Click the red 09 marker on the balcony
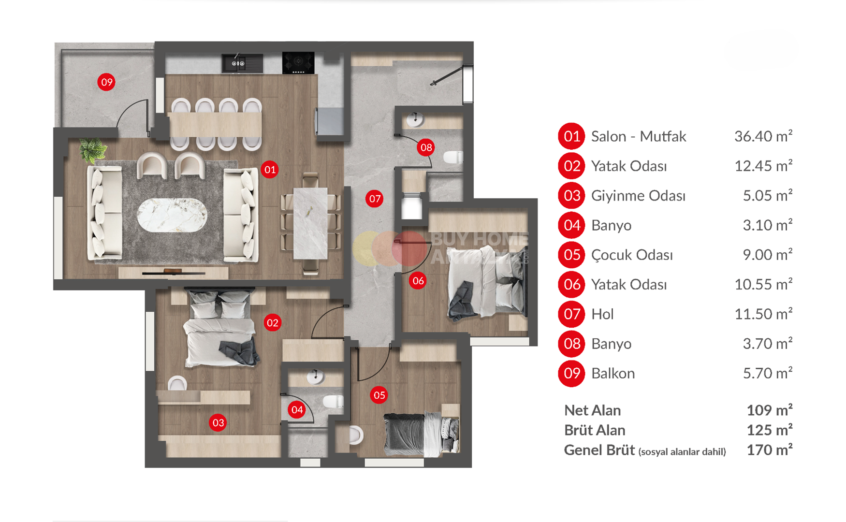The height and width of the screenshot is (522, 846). click(106, 82)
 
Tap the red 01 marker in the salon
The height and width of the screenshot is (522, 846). click(270, 170)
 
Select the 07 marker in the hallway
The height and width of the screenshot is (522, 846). click(375, 199)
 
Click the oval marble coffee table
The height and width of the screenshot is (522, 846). click(172, 215)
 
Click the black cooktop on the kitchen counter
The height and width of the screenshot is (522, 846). click(298, 63)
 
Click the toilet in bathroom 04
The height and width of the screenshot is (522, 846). click(333, 401)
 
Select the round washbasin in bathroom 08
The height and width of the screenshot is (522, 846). click(415, 119)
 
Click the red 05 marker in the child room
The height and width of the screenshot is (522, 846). click(379, 395)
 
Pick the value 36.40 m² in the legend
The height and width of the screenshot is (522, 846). click(763, 136)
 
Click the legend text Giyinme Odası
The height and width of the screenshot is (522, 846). click(638, 196)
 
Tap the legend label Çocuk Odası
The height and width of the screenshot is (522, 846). click(632, 255)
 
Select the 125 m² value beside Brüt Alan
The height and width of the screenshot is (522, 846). click(769, 430)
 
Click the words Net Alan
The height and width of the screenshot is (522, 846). click(592, 410)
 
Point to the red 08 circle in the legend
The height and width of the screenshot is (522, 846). click(571, 344)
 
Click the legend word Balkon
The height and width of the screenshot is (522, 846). click(613, 373)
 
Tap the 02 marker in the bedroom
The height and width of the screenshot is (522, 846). click(273, 323)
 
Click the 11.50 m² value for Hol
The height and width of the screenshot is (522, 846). click(763, 314)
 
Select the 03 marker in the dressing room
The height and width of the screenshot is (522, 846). click(218, 423)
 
